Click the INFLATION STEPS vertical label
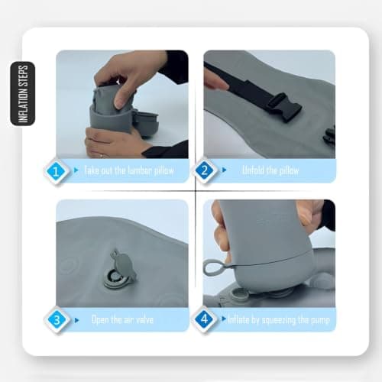[x=23, y=93]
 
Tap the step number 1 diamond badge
[x=56, y=171]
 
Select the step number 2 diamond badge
[x=204, y=170]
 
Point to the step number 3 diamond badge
[x=57, y=320]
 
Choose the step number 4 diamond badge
[x=204, y=319]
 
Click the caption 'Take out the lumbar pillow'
[x=129, y=170]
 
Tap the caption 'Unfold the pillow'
[x=270, y=170]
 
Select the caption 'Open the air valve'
[x=122, y=319]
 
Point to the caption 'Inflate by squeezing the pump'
[x=279, y=319]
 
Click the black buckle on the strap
[x=283, y=108]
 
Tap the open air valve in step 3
[x=118, y=272]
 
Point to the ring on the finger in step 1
[x=102, y=155]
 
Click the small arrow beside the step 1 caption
[x=76, y=170]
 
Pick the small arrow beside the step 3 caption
[x=77, y=320]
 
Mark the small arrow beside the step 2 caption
[x=224, y=170]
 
